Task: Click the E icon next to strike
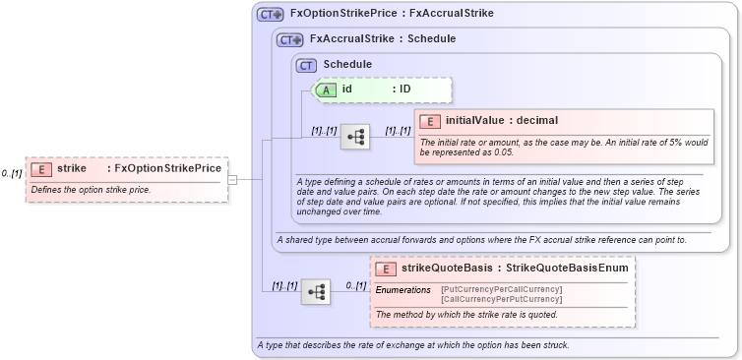(41, 169)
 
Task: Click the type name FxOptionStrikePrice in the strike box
(168, 169)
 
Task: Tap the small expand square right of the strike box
(232, 180)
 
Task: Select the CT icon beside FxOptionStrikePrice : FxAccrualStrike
(270, 15)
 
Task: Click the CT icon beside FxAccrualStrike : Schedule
(289, 40)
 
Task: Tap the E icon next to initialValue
(429, 121)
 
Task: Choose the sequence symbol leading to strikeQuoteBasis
(315, 291)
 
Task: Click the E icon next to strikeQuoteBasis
(387, 269)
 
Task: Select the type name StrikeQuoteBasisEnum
(570, 269)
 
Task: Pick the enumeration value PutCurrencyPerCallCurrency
(502, 289)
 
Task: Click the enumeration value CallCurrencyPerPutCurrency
(502, 298)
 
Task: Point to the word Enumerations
(403, 290)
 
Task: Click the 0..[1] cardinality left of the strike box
(12, 174)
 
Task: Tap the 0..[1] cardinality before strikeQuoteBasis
(355, 286)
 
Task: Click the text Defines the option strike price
(91, 189)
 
